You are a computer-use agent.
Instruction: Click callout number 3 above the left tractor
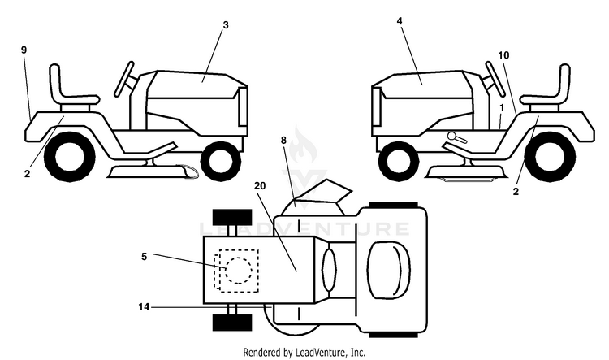[226, 25]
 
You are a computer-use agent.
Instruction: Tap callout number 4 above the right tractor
[400, 21]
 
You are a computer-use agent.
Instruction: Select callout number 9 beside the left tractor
[24, 50]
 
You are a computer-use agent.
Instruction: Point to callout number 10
[503, 55]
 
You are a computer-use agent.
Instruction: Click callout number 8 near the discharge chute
[284, 141]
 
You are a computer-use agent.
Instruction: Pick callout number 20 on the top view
[260, 186]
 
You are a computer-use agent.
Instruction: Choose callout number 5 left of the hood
[144, 257]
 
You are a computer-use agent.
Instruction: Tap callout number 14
[144, 307]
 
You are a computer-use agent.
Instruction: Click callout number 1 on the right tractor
[502, 108]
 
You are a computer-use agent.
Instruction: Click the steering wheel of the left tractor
[124, 79]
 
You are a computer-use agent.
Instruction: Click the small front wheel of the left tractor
[221, 161]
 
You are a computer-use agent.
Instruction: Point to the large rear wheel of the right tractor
[550, 157]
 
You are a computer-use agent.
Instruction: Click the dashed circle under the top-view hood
[239, 271]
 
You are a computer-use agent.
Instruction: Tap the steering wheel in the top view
[330, 270]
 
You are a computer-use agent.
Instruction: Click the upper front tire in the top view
[232, 217]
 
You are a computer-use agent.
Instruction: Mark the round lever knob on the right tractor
[452, 136]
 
